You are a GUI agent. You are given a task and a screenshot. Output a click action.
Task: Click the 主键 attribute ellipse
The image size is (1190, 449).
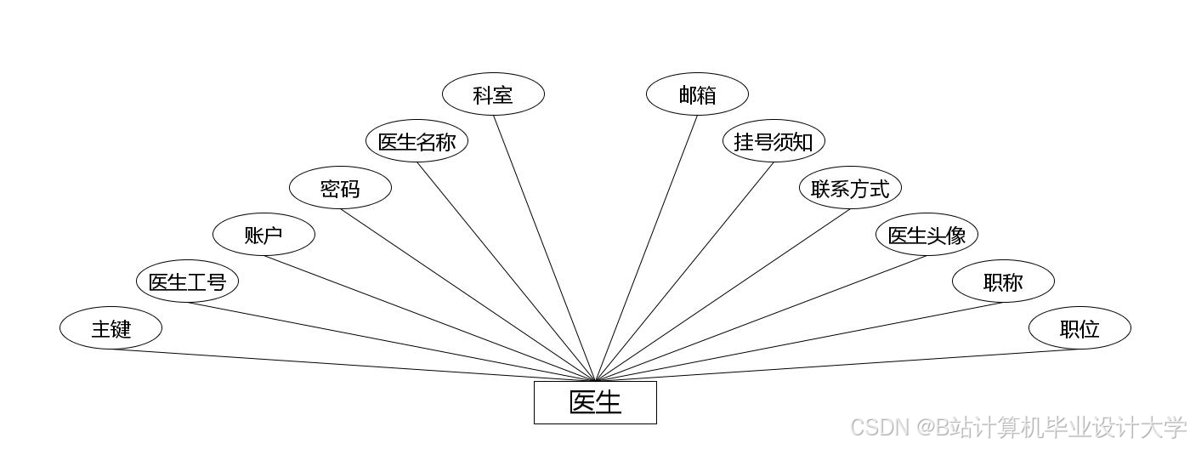[110, 328]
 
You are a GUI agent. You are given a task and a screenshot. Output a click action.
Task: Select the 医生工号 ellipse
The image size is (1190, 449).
[187, 281]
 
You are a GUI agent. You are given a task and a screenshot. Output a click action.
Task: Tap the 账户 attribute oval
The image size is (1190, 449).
[263, 235]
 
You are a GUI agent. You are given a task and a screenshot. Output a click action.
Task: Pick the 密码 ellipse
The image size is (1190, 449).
[340, 188]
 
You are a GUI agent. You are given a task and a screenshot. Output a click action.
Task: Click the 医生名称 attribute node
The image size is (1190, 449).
[416, 141]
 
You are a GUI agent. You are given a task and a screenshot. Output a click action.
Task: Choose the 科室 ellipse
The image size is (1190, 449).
[493, 94]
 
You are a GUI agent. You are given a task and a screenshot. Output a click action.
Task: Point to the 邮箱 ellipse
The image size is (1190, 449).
[697, 94]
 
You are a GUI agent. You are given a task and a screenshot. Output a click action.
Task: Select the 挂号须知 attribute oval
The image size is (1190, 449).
[773, 141]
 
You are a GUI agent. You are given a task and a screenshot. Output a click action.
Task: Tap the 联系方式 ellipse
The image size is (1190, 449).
[850, 188]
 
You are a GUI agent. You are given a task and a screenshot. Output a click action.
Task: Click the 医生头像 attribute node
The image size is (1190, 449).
[926, 235]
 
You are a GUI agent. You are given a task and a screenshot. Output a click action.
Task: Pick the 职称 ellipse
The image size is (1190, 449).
[1003, 281]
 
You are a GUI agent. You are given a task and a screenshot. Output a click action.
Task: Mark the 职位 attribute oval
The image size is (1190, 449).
[1079, 328]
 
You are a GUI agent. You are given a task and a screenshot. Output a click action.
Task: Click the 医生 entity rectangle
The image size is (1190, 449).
[595, 402]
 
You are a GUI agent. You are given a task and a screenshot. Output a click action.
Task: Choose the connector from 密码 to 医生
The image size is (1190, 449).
[467, 294]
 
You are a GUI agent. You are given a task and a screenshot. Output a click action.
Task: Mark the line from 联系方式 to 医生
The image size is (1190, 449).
[722, 294]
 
